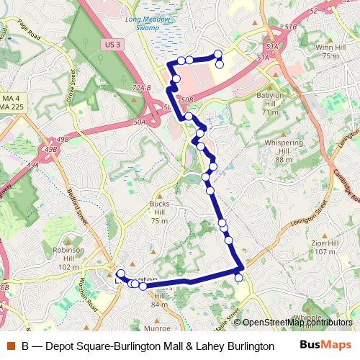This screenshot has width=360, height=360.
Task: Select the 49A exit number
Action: [x=32, y=165]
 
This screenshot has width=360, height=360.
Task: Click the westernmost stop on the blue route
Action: [x=120, y=274]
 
